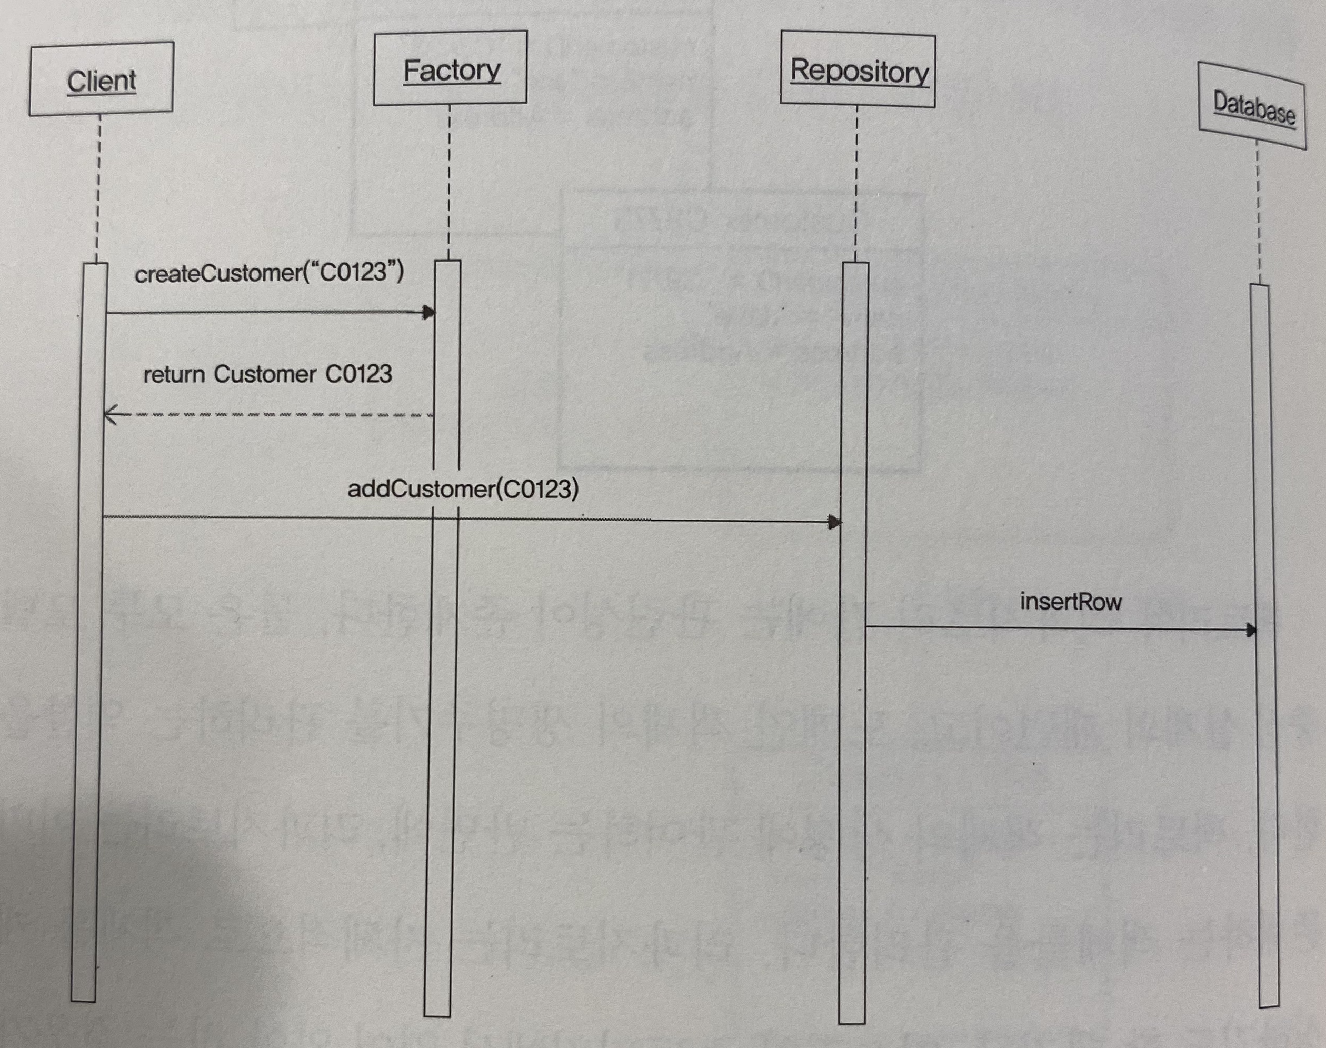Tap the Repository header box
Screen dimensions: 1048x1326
click(x=858, y=71)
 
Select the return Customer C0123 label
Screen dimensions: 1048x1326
click(x=267, y=374)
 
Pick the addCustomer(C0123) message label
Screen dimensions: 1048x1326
click(x=463, y=490)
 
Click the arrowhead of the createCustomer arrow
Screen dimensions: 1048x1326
click(x=429, y=312)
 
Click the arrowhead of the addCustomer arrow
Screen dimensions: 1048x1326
click(x=834, y=522)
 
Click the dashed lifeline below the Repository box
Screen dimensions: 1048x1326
click(x=856, y=184)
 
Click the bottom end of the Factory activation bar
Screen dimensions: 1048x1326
click(x=437, y=1015)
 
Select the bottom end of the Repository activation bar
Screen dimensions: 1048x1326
click(x=852, y=1022)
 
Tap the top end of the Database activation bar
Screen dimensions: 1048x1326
click(x=1260, y=286)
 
